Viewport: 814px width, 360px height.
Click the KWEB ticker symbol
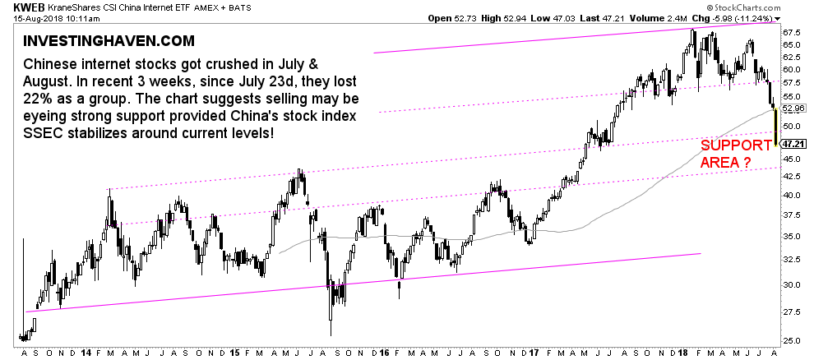point(17,7)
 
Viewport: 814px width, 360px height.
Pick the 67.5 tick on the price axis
point(790,32)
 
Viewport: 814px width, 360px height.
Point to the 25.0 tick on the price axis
point(790,340)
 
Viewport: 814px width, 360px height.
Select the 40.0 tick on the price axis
point(790,196)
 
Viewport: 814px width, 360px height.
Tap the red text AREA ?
point(724,164)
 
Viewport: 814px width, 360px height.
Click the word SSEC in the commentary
point(44,133)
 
